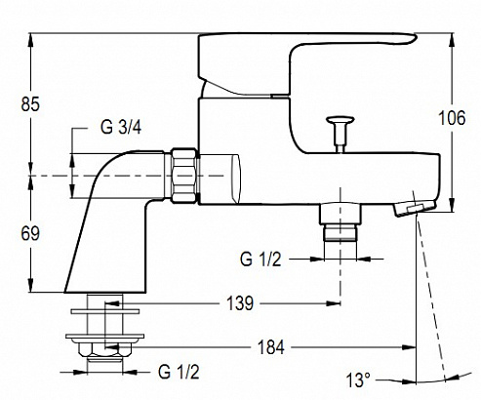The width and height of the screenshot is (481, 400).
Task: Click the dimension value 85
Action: pos(30,104)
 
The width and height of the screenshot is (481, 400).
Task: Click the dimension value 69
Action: pos(30,233)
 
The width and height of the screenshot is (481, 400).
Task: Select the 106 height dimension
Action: pos(452,118)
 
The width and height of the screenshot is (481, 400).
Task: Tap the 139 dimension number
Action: pos(240,303)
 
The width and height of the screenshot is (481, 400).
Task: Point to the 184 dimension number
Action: pos(271,347)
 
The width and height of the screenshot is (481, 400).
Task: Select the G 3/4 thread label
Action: pos(121,127)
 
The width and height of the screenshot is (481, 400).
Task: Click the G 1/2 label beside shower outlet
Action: pos(261,260)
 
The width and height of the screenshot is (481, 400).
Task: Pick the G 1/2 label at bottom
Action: pos(179,372)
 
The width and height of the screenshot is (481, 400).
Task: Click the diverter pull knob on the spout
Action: pos(341,134)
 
